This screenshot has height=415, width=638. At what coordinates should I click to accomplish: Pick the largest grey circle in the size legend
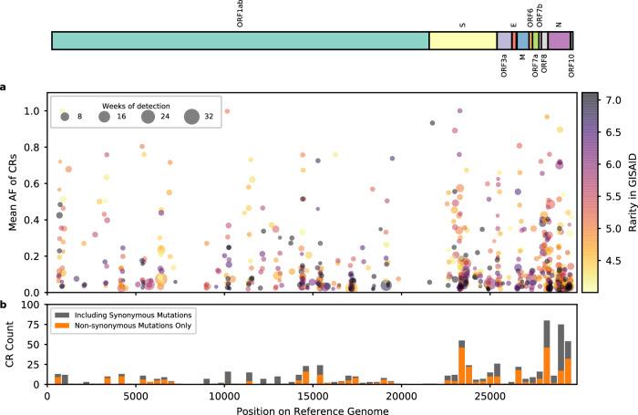tap(191, 117)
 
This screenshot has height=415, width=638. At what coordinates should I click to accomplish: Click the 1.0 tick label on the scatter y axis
tap(35, 110)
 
